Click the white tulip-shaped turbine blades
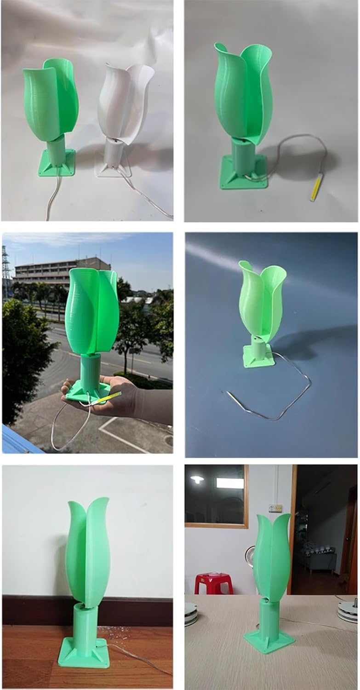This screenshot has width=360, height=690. tap(124, 101)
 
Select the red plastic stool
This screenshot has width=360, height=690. tap(212, 583)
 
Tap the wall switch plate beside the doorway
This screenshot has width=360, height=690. tap(275, 508)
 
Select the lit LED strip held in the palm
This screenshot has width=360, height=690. tap(107, 398)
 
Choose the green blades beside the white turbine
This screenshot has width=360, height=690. tap(51, 101)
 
